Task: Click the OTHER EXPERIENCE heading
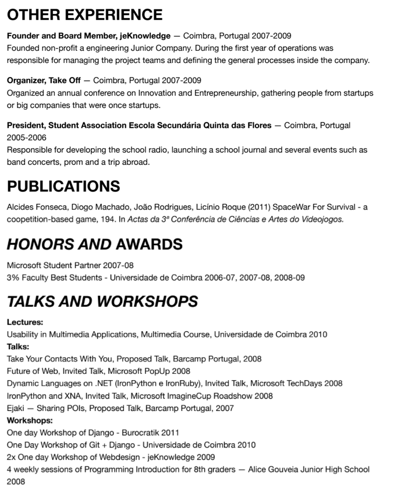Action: tap(84, 14)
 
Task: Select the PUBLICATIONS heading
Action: tap(63, 186)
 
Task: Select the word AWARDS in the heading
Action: tap(150, 244)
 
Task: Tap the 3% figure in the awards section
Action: tap(13, 278)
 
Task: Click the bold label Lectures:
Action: tap(25, 321)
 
